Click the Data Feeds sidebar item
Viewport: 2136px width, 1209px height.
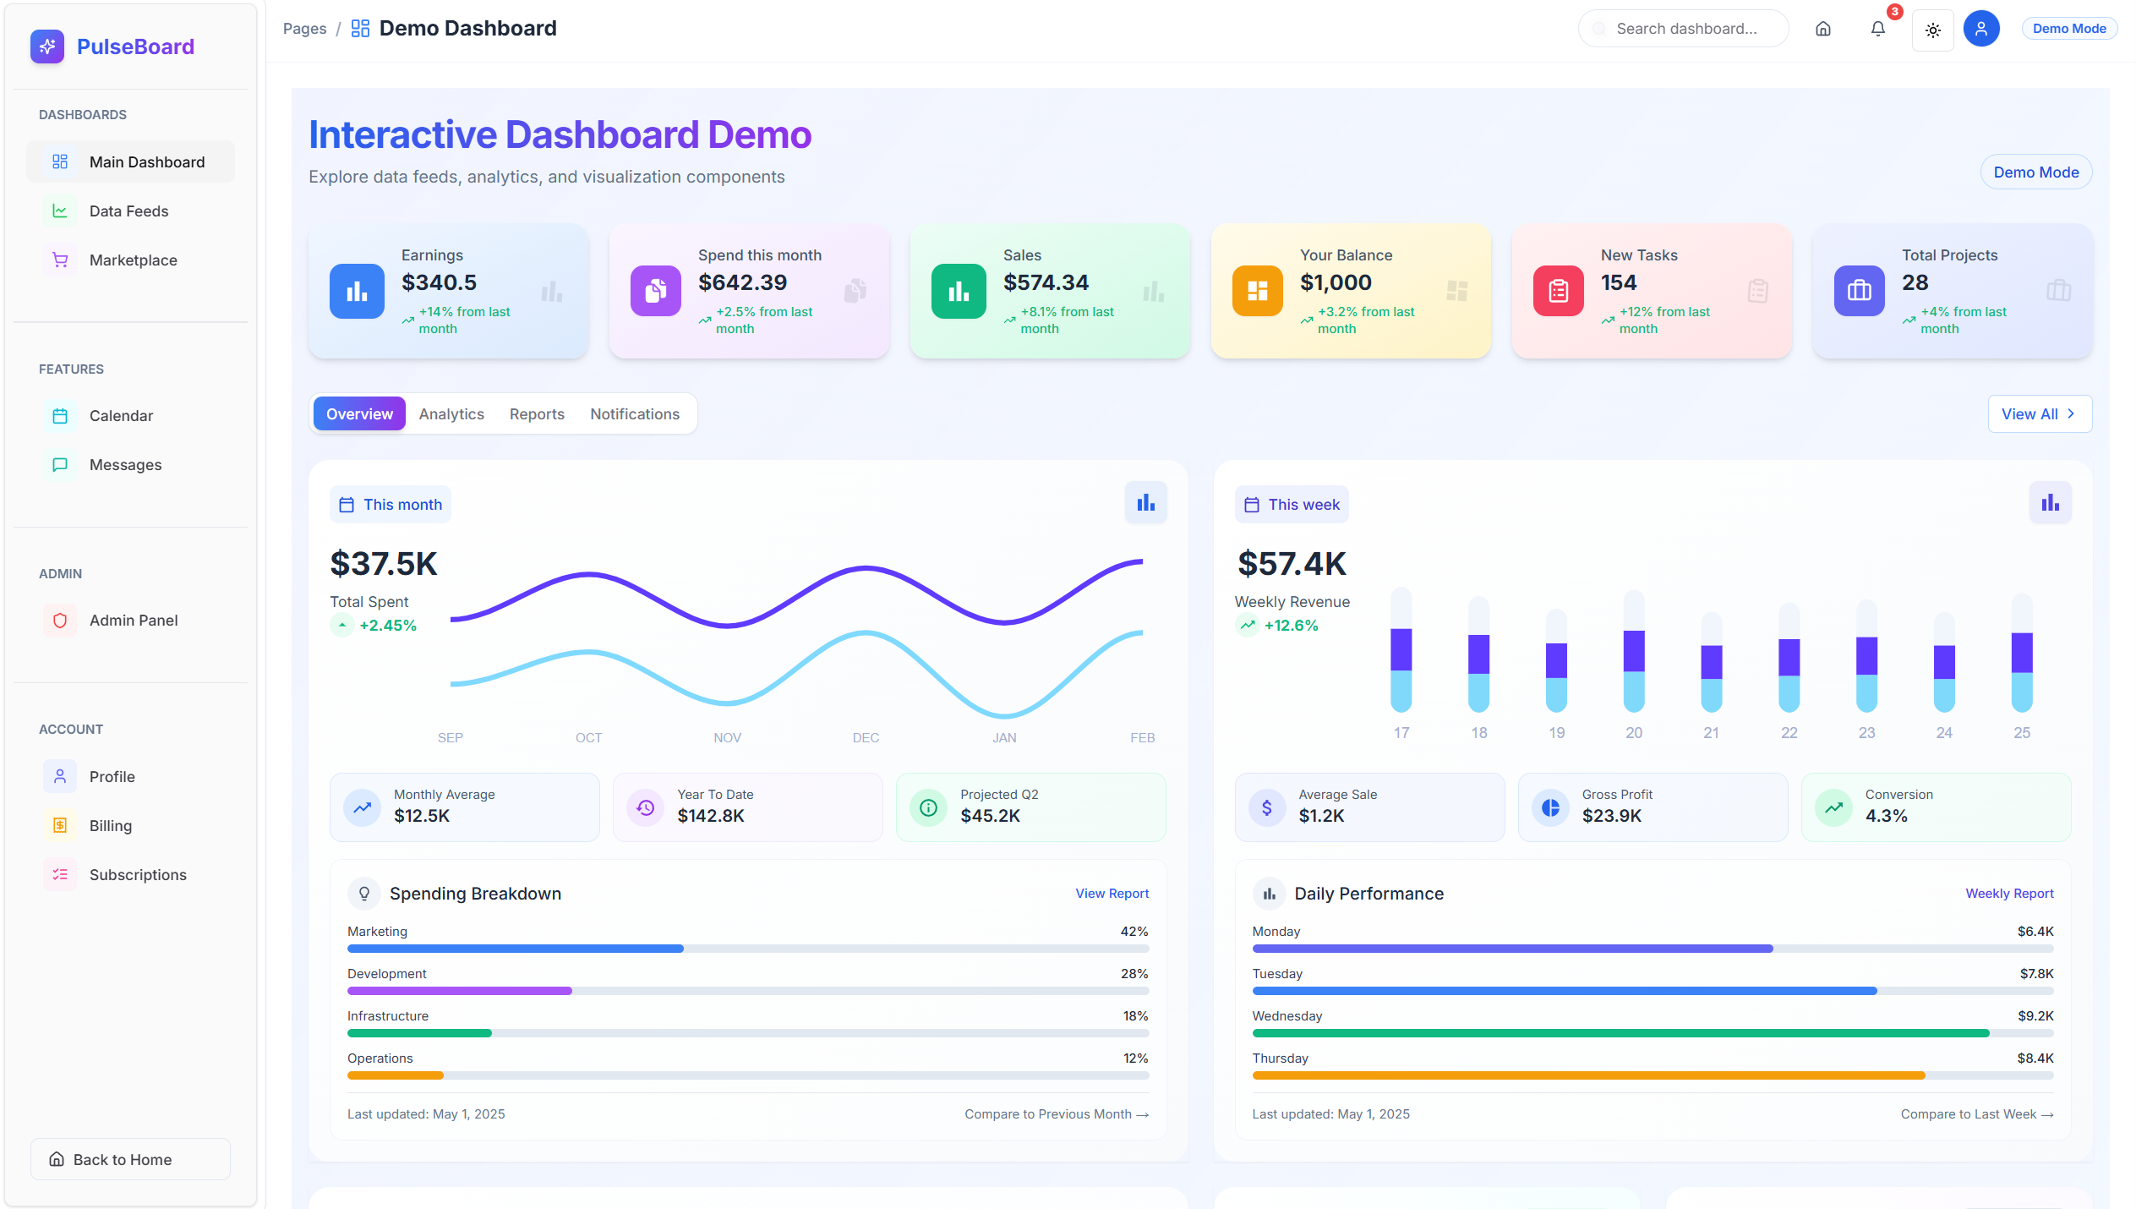128,211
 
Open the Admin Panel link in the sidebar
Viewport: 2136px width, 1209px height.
133,621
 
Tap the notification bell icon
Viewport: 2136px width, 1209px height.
1877,30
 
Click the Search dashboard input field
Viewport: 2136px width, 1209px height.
1685,29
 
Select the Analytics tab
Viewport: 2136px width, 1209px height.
451,414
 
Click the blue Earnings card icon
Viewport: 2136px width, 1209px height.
357,292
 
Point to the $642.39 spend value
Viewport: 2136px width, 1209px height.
742,282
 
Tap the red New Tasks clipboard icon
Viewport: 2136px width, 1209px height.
1558,292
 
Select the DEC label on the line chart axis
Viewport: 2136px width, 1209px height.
866,738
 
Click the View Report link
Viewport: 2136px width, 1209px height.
1112,894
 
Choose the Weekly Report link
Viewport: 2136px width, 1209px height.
2009,894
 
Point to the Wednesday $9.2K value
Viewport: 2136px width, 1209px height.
2035,1016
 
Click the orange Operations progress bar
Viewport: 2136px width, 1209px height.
395,1075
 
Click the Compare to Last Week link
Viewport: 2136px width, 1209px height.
1976,1114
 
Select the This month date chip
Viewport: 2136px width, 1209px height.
391,505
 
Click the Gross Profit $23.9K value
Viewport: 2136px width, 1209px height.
1611,816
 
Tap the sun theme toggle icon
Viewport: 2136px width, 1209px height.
1932,30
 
